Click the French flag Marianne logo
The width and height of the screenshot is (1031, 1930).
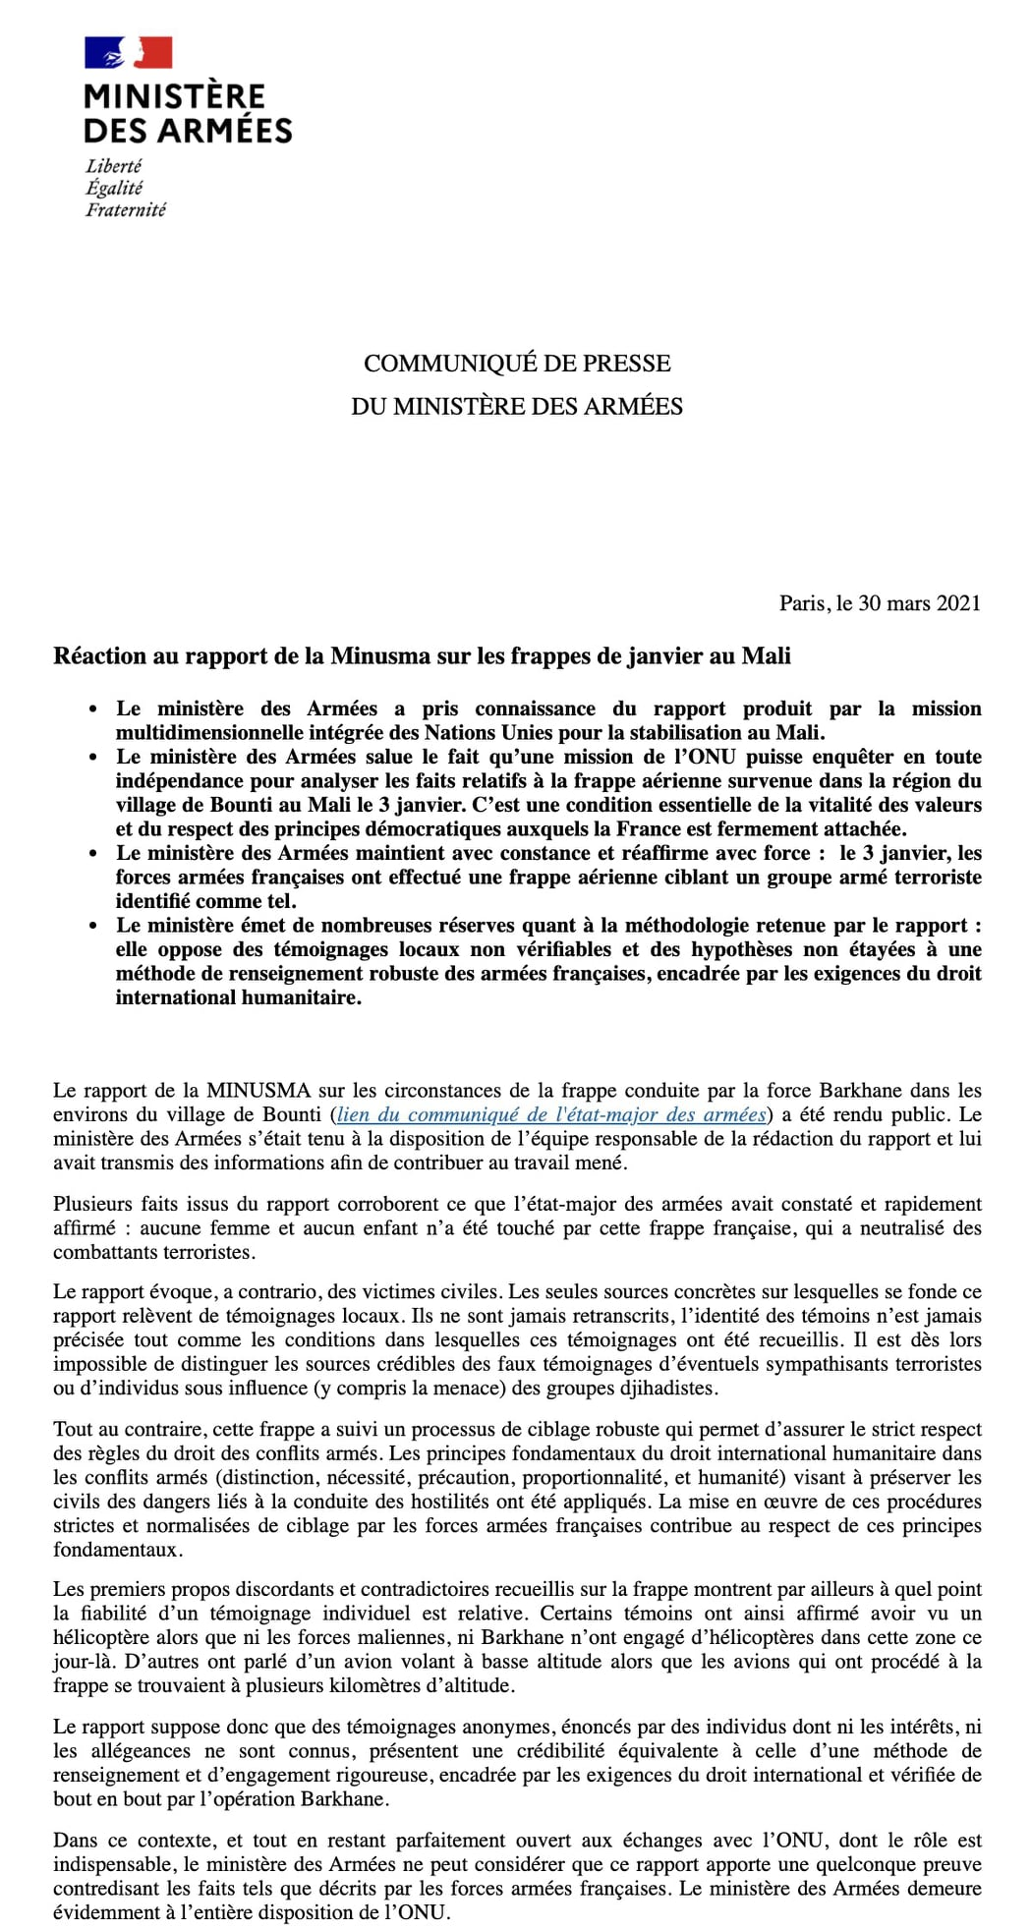tap(129, 52)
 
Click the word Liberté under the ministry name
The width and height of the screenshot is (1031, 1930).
tap(113, 166)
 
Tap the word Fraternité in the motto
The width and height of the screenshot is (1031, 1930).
tap(126, 209)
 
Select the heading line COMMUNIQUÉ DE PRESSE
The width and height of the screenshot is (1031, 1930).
tap(517, 363)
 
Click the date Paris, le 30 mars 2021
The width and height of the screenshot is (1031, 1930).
tap(880, 603)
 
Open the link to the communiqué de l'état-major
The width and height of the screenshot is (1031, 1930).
tap(550, 1114)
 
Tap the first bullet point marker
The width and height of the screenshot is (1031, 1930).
tap(93, 710)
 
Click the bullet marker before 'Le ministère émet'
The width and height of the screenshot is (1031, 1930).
tap(93, 926)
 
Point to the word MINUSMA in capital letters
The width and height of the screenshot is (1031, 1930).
tap(258, 1090)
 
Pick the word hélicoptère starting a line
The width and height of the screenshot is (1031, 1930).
tap(101, 1637)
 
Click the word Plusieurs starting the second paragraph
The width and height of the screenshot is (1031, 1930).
tap(90, 1204)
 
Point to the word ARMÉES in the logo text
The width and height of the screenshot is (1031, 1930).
tap(226, 130)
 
